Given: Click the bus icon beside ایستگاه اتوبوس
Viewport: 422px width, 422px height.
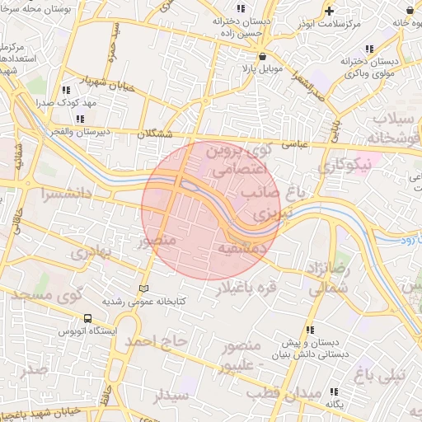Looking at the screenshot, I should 87,318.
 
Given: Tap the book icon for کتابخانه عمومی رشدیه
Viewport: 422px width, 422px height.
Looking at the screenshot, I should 145,289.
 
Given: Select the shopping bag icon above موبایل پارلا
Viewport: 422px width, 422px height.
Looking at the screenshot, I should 262,57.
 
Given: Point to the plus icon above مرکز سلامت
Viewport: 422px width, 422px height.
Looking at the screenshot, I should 330,11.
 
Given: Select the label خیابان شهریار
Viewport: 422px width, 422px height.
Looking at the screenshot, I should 105,82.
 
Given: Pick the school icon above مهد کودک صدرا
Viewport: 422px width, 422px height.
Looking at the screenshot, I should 64,91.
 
